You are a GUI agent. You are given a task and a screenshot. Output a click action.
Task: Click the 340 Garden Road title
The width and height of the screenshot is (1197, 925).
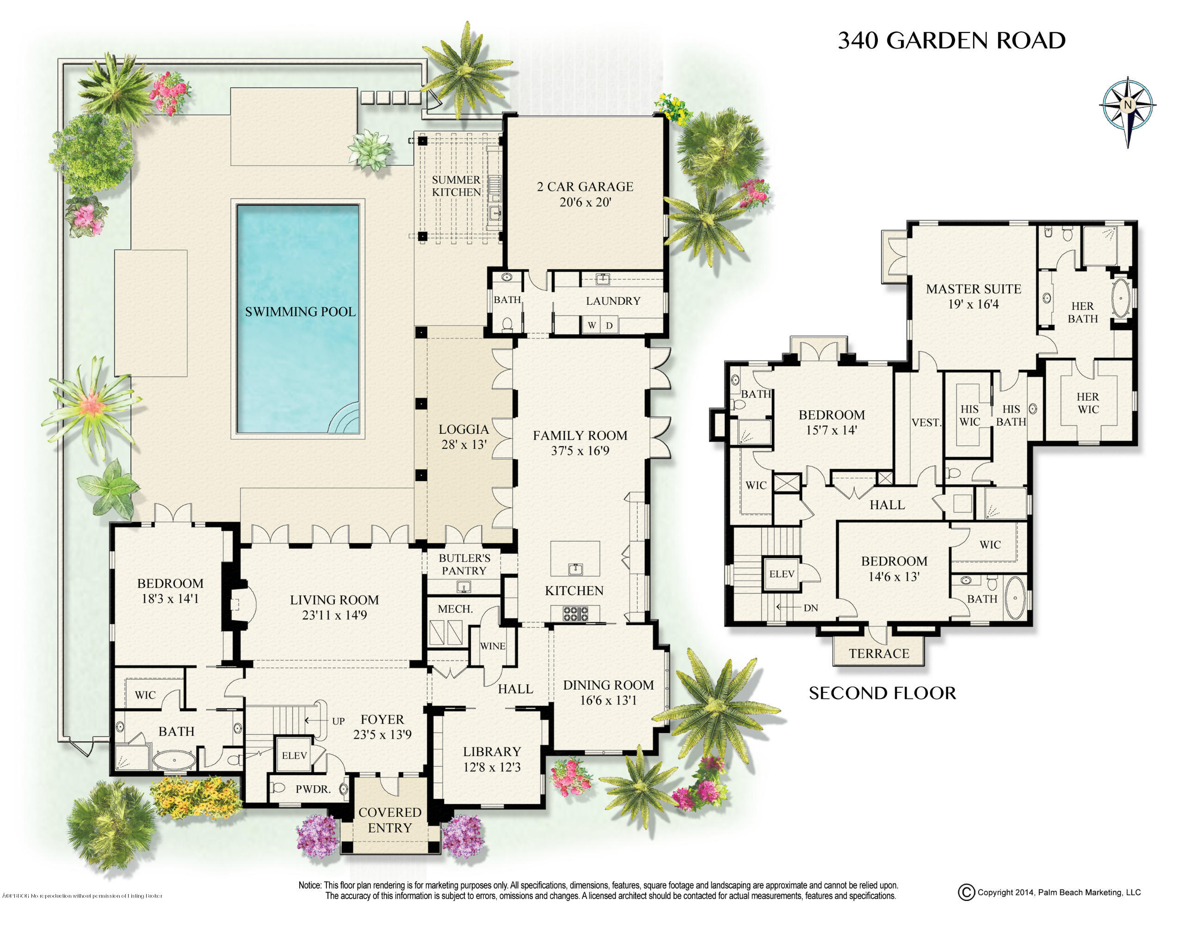coord(951,41)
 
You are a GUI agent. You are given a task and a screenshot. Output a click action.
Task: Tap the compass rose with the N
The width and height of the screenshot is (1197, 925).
coord(1128,105)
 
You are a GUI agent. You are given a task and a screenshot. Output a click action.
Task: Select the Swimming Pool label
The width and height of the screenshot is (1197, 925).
coord(300,312)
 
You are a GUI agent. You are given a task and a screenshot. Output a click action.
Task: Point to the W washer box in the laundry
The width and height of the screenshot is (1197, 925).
coord(592,326)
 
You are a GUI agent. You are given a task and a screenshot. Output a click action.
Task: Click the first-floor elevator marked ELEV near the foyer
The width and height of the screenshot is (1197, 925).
coord(294,756)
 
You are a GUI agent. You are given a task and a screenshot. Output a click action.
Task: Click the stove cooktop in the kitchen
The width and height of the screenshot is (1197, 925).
coord(575,614)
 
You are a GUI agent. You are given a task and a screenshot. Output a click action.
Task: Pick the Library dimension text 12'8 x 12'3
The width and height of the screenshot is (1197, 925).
coord(492,767)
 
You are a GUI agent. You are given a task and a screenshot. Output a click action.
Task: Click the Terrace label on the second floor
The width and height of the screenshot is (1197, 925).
coord(879,653)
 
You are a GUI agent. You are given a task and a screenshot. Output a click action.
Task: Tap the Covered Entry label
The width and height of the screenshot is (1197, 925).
coord(390,820)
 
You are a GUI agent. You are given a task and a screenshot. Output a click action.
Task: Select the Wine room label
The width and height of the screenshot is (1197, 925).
coord(492,646)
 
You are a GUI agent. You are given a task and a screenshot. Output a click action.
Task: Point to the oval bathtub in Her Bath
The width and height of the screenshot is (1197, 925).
coord(1120,299)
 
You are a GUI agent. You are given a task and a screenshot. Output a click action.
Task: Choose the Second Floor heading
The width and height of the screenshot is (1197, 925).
coord(882,693)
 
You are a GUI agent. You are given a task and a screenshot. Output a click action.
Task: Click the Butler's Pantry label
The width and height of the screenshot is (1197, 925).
coord(464,564)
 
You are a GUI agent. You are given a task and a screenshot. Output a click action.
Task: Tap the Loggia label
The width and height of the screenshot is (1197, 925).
coord(463,430)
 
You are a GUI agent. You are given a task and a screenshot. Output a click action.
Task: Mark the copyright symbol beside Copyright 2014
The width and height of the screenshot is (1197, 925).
coord(966,892)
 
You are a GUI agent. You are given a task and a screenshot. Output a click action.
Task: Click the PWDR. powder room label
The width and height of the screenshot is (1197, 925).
coord(313,789)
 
